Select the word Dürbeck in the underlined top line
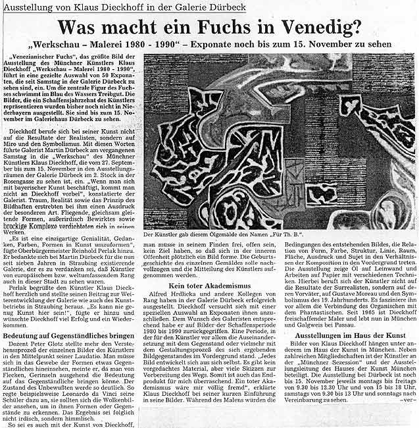(x=226, y=7)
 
